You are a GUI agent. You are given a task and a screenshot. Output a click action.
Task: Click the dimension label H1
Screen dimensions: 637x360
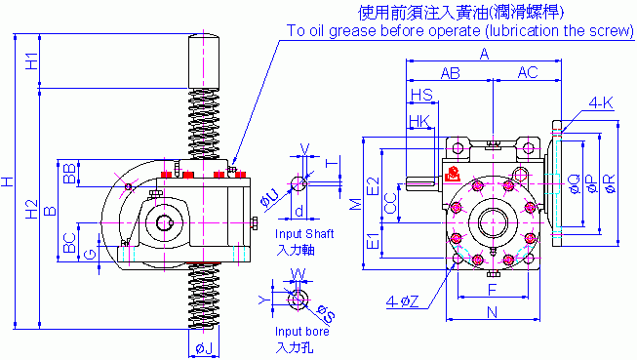[31, 60]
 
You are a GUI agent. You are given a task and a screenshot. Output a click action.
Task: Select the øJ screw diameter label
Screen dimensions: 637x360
[204, 348]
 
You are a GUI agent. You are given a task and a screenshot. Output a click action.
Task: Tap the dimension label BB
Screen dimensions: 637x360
[69, 174]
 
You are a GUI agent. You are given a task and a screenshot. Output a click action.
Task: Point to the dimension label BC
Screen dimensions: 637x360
[69, 243]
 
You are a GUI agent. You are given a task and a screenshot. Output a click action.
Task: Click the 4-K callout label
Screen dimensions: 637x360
[601, 103]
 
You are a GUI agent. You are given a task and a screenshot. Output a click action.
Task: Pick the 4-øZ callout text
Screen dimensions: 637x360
[402, 301]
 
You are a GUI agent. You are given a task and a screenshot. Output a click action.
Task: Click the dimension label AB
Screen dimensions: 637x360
[450, 73]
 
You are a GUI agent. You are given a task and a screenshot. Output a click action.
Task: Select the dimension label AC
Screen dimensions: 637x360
[528, 72]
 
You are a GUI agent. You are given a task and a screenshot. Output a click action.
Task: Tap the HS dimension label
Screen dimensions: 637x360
[421, 95]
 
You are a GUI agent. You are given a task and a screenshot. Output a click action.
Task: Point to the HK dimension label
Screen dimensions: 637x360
[419, 121]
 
